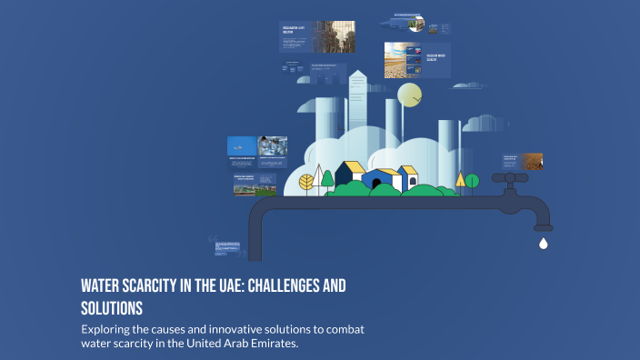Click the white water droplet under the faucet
(x=543, y=243)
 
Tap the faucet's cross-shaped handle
(x=510, y=179)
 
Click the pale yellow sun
(x=411, y=95)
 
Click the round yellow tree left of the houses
(x=307, y=181)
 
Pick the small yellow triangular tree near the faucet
(x=461, y=181)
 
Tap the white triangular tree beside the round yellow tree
(x=326, y=178)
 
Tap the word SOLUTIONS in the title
(x=112, y=308)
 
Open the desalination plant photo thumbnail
(x=334, y=36)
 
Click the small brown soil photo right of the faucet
(x=532, y=161)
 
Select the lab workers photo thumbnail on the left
(x=272, y=145)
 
